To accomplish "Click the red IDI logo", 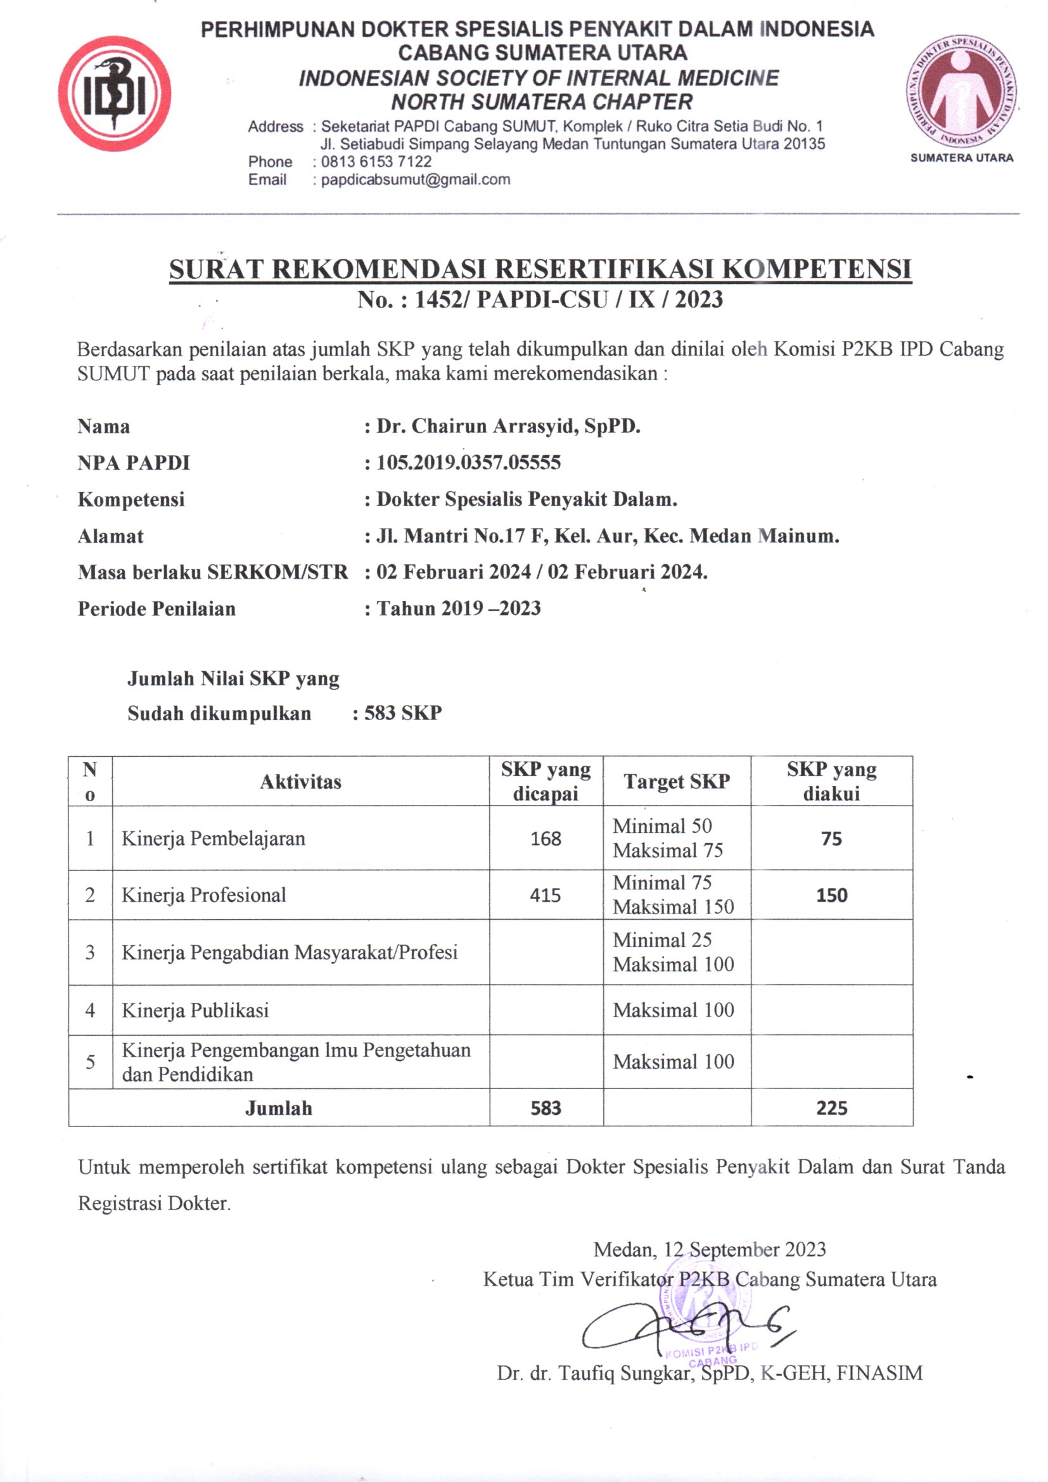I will point(114,94).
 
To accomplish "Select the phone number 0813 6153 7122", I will point(376,162).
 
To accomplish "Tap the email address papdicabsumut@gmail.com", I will point(415,179).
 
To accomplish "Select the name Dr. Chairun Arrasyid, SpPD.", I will point(509,426).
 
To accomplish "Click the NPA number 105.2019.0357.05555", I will point(468,463).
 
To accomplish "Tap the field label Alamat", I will point(110,536).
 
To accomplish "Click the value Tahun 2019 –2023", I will point(458,608).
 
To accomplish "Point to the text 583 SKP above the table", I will point(403,712).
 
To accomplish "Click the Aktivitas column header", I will point(301,782).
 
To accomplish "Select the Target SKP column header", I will point(676,782).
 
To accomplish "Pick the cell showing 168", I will point(546,839).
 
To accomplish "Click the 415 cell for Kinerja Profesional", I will point(546,895).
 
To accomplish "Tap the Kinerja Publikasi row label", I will point(195,1010).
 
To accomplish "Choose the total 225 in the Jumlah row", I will point(831,1108).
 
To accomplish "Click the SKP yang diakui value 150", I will point(831,895).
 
